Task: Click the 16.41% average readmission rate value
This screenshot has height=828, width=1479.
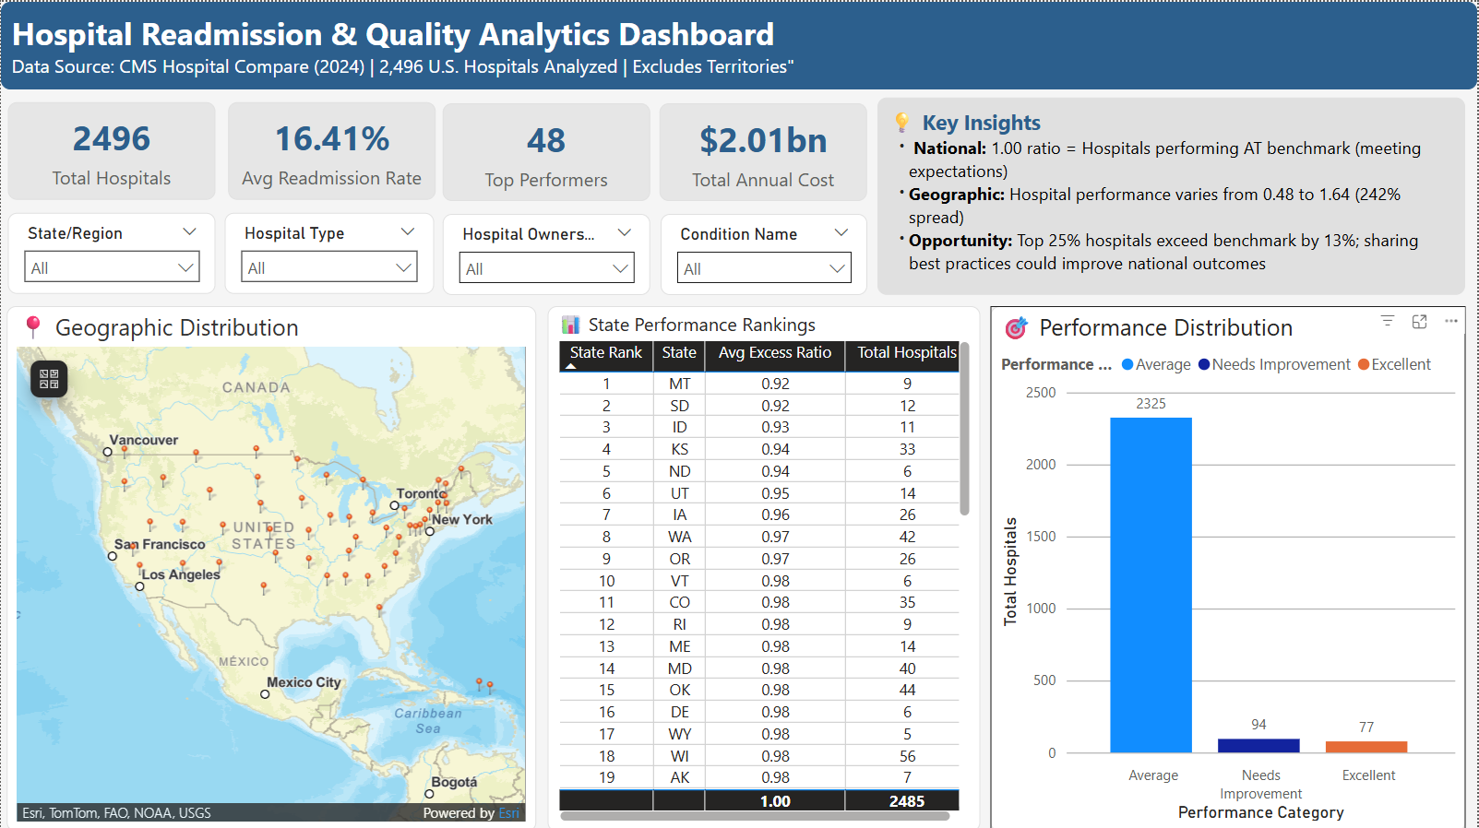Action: point(332,139)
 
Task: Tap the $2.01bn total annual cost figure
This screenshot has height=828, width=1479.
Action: point(763,141)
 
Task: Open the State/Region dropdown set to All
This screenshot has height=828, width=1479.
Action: point(112,268)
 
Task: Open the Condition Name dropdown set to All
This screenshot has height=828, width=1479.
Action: point(764,269)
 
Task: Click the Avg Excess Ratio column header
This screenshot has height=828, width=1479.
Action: point(775,353)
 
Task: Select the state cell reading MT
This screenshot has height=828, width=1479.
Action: point(679,384)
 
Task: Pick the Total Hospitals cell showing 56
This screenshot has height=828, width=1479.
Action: point(907,756)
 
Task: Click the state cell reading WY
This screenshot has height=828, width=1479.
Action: point(679,734)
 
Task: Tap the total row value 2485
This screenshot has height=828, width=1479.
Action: point(906,801)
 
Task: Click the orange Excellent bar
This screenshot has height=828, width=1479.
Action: point(1366,747)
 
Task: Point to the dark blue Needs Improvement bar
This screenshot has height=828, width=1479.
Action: point(1258,746)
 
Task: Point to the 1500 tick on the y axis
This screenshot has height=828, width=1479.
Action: point(1041,537)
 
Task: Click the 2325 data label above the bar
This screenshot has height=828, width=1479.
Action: point(1151,404)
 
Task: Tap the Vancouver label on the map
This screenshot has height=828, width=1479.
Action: point(144,440)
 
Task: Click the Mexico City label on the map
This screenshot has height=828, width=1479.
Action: point(304,682)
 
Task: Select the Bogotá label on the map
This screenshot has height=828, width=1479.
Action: point(454,782)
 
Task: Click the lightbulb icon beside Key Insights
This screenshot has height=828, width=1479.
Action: point(902,123)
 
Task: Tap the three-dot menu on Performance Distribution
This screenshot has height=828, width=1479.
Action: point(1450,321)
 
